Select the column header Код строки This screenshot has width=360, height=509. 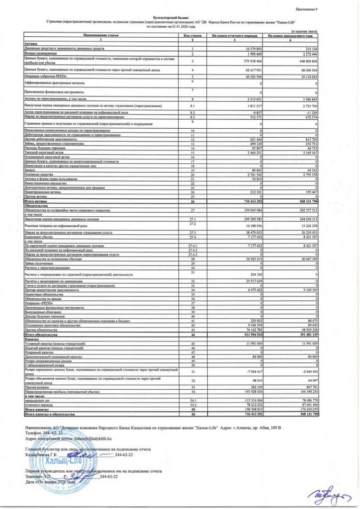pyautogui.click(x=192, y=36)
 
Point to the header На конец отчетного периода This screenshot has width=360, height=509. pyautogui.click(x=234, y=36)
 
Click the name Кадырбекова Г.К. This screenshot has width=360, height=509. pyautogui.click(x=42, y=454)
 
